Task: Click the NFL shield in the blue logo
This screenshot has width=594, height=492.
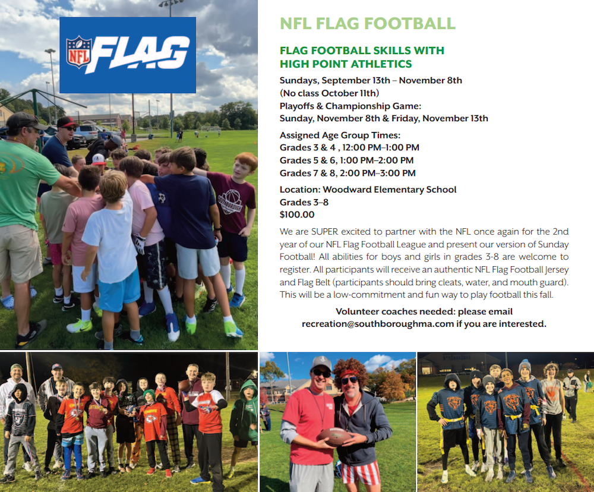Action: (79, 52)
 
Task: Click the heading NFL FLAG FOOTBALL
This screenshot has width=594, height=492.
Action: (368, 24)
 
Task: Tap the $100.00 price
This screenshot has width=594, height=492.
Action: (297, 215)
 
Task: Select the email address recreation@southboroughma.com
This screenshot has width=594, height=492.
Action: (378, 324)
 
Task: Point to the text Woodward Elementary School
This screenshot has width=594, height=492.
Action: (390, 190)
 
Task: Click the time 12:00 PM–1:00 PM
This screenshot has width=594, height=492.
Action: (381, 147)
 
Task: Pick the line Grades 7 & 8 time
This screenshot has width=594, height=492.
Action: (347, 174)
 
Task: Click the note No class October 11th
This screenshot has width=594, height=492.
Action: (329, 93)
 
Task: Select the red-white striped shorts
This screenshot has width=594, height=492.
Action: (361, 472)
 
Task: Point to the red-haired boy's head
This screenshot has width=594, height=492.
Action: (245, 164)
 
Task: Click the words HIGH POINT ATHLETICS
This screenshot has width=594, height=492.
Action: (346, 64)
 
